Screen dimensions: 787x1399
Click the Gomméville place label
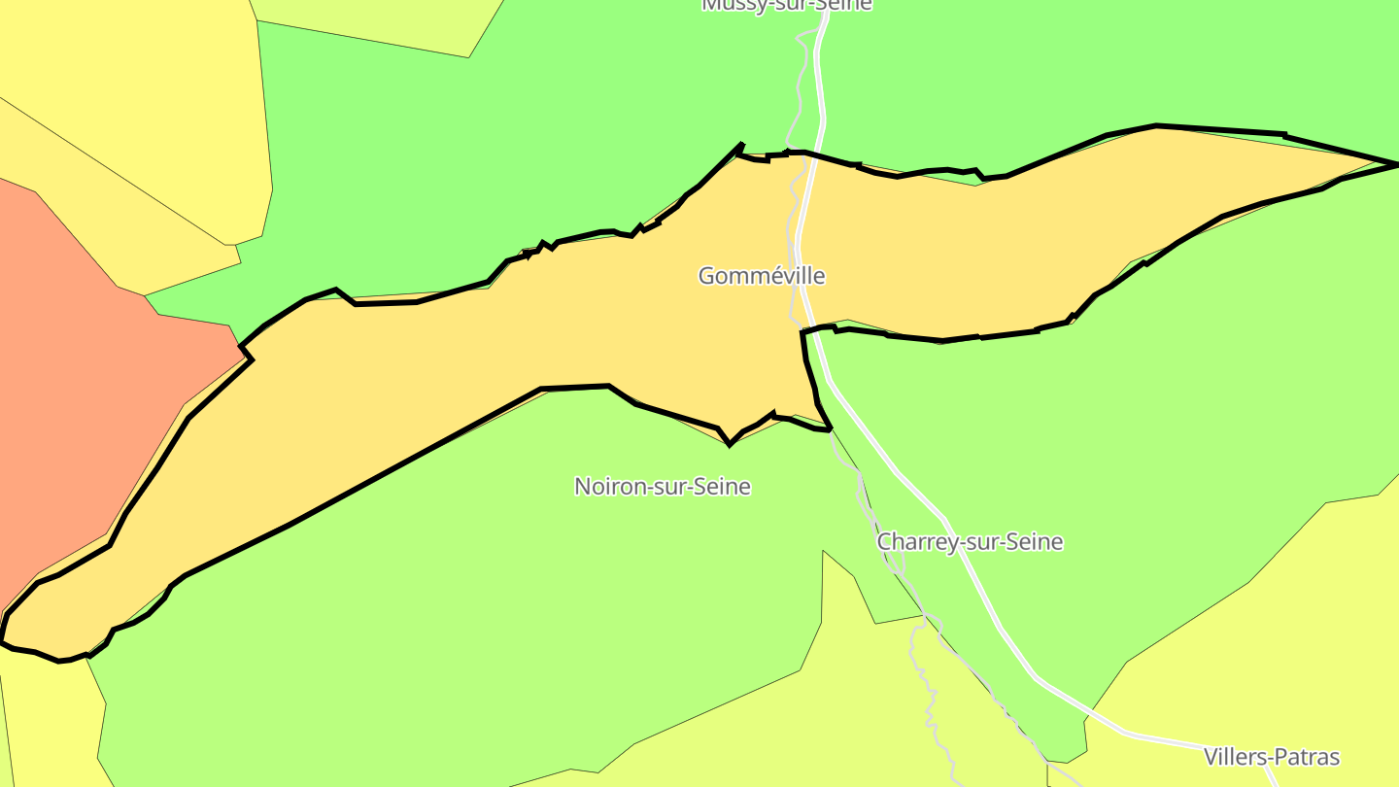762,276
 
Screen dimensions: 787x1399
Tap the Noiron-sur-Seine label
663,486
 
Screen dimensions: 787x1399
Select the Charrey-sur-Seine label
970,542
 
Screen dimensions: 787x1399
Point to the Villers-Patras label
1272,757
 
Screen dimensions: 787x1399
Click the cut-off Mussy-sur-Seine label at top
787,5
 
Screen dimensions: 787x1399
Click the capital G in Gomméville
706,276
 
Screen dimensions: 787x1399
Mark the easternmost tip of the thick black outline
1396,163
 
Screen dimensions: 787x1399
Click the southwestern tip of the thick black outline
3,641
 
